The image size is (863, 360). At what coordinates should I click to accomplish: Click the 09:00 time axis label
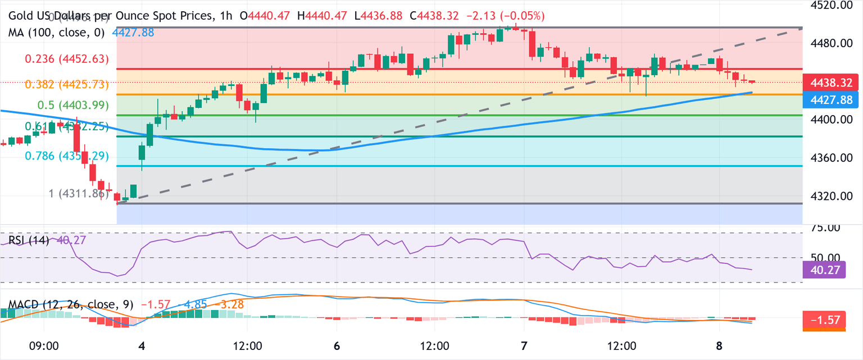point(44,345)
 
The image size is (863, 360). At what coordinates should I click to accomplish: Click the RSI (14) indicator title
point(29,241)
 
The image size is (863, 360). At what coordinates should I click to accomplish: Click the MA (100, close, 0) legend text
point(57,33)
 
